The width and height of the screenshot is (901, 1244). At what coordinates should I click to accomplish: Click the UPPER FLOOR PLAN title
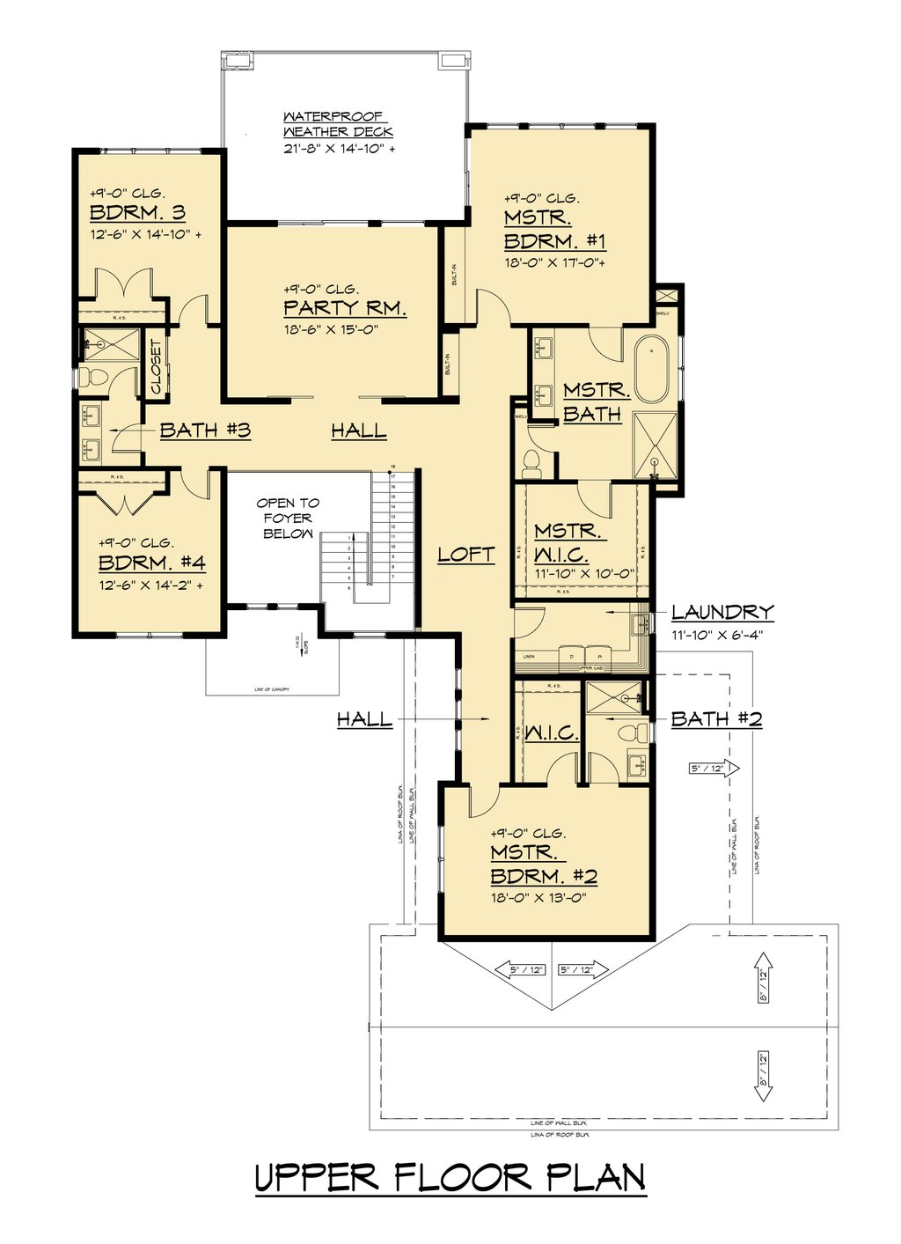[x=450, y=1178]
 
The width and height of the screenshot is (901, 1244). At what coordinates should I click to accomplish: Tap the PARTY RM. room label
[x=344, y=308]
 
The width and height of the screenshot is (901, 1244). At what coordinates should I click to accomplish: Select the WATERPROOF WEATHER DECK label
[x=338, y=124]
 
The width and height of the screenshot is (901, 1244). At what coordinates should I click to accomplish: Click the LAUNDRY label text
[x=722, y=612]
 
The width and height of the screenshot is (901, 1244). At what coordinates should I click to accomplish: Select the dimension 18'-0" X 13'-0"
[x=538, y=898]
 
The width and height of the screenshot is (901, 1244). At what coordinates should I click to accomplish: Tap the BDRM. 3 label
[x=137, y=213]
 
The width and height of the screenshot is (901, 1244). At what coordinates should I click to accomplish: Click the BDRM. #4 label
[x=151, y=563]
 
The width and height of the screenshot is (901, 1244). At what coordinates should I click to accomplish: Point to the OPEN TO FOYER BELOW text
[x=288, y=519]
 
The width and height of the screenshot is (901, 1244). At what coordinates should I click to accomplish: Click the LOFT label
[x=466, y=555]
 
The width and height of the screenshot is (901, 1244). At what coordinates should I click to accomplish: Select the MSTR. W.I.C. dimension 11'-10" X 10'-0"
[x=584, y=573]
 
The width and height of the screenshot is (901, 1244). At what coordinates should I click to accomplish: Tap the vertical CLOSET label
[x=156, y=366]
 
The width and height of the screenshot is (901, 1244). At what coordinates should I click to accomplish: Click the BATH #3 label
[x=205, y=431]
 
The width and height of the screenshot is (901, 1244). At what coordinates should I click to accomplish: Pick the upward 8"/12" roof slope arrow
[x=763, y=976]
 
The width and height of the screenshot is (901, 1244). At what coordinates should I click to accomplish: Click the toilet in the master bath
[x=531, y=460]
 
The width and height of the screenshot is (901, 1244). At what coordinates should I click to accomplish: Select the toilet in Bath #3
[x=92, y=378]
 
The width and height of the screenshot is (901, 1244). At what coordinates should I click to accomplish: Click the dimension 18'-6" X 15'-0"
[x=331, y=329]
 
